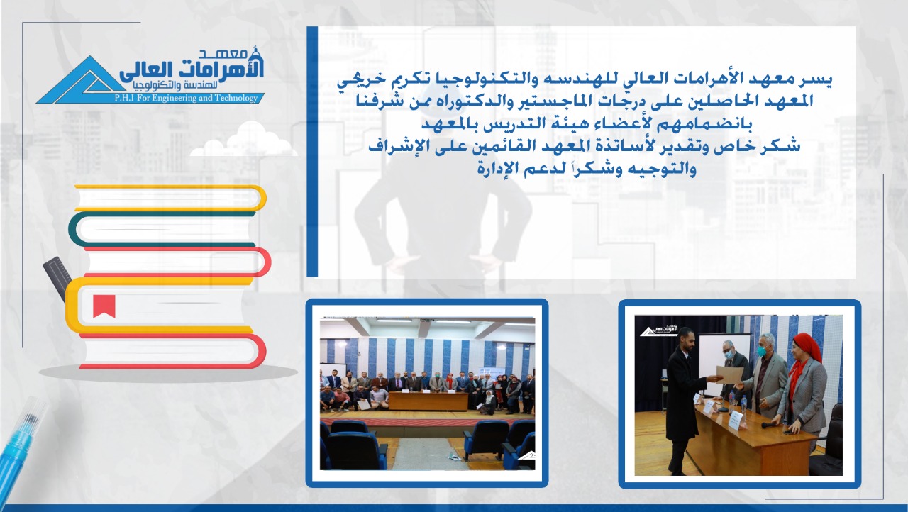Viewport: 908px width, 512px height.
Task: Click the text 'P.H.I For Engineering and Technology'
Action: point(186,98)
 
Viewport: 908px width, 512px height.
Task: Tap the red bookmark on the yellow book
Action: point(104,306)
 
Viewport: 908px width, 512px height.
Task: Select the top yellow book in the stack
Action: point(170,198)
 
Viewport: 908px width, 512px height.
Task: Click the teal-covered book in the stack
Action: point(162,229)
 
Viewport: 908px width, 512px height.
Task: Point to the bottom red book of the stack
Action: point(172,351)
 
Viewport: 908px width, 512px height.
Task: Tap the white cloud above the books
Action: point(244,140)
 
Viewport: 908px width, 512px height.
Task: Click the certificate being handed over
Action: point(730,374)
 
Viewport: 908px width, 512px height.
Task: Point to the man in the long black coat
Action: point(683,400)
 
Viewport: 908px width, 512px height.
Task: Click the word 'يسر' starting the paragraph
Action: point(819,80)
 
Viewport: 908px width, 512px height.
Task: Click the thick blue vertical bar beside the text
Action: point(312,152)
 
